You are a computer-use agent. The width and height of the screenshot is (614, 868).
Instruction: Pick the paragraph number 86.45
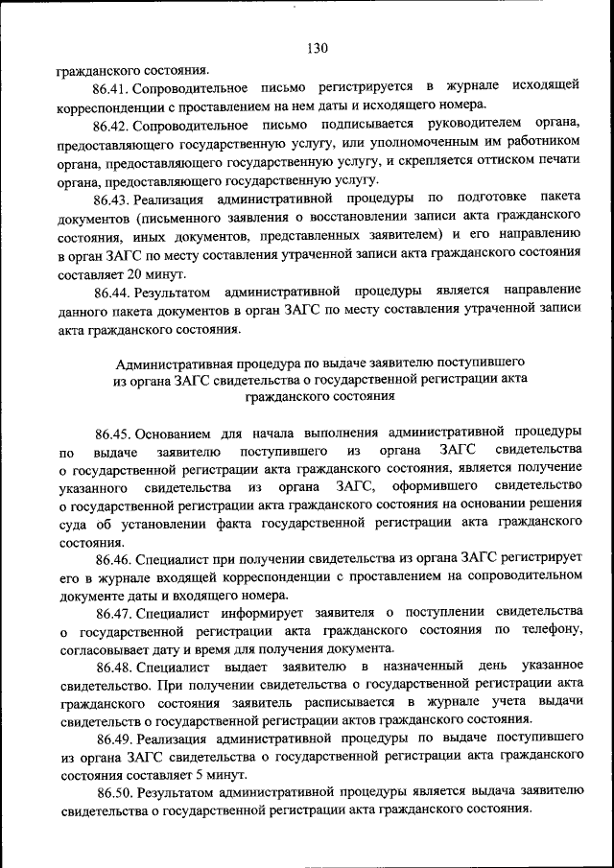[x=113, y=434]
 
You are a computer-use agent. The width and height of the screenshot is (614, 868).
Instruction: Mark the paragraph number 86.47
[x=114, y=613]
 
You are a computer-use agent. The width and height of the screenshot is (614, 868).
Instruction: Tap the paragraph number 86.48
[x=115, y=667]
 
